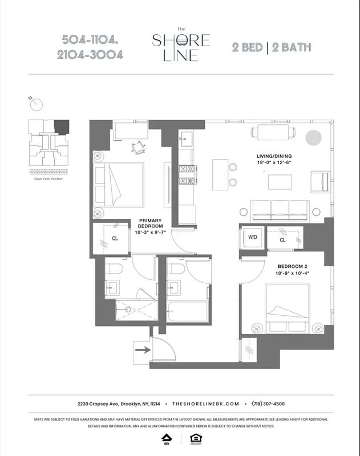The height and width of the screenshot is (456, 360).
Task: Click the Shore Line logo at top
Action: pos(180,45)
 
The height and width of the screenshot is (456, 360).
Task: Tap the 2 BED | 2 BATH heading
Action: pos(270,47)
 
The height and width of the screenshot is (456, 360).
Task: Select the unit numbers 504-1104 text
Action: pos(91,40)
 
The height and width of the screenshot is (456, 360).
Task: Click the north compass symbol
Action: pos(38,104)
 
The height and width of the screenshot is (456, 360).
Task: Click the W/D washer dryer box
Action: pos(252,239)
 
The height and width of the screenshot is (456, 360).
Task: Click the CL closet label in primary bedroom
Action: pos(115,239)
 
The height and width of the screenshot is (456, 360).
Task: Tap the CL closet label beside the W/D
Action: pos(282,240)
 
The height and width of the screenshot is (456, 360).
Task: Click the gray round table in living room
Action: pos(313,138)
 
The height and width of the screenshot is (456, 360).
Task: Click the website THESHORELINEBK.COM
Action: pos(205,404)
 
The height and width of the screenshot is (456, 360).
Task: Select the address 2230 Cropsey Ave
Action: pos(98,404)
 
